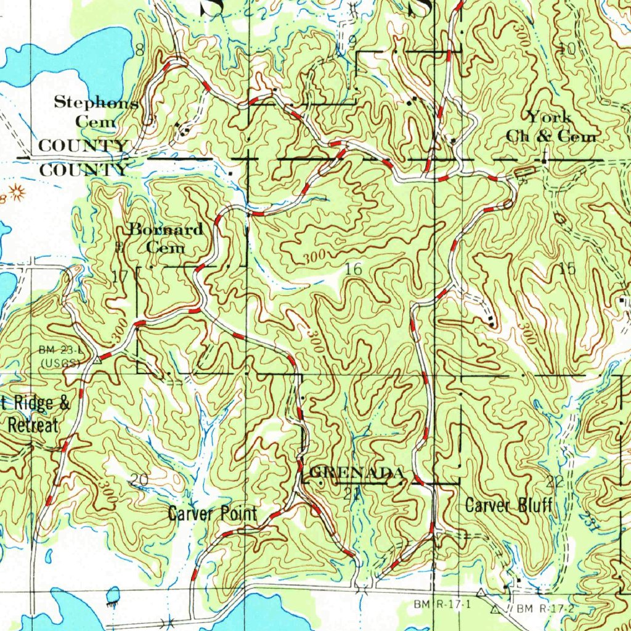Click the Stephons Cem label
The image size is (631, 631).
[96, 112]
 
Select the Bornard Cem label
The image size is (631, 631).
[166, 238]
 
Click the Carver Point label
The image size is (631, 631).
[213, 513]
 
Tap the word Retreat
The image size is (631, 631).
[33, 425]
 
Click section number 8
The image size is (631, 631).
[140, 51]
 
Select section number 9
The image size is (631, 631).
[352, 42]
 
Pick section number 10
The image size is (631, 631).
[566, 49]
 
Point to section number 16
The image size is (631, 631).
[354, 269]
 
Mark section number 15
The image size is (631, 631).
[567, 268]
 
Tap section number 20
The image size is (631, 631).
[140, 480]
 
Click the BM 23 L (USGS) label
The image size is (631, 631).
[60, 356]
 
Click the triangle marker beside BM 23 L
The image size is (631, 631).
[97, 363]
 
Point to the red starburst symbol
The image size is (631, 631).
[16, 193]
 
